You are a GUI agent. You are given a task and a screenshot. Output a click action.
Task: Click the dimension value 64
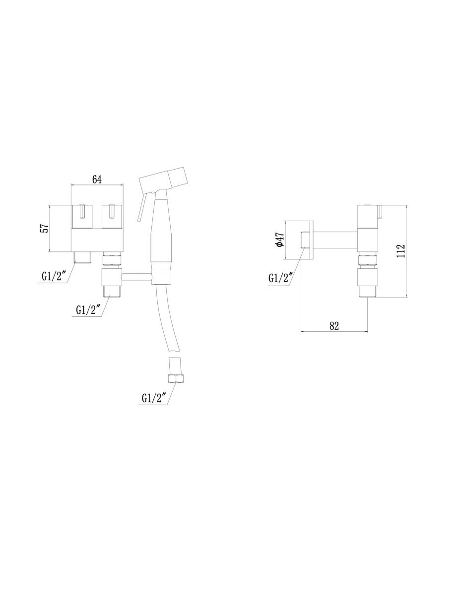click(x=97, y=179)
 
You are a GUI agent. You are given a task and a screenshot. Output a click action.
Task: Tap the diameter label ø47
click(x=280, y=240)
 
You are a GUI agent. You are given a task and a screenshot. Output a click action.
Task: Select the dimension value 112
click(x=400, y=250)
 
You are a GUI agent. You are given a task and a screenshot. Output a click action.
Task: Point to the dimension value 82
click(x=334, y=326)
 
